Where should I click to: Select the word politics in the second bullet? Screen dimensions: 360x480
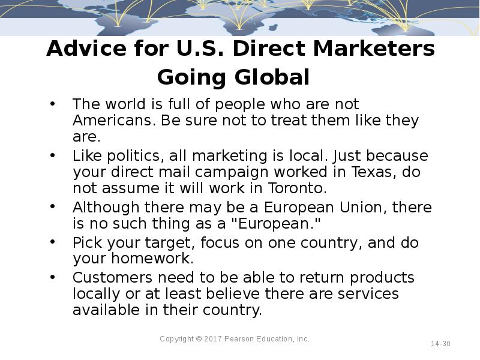(x=137, y=156)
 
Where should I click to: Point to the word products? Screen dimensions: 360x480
(x=382, y=278)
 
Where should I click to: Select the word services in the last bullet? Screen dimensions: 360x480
(x=365, y=294)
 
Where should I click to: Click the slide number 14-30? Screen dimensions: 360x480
(x=440, y=344)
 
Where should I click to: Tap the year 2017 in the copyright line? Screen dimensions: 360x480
(x=213, y=339)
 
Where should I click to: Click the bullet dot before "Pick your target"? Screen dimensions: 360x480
(x=53, y=243)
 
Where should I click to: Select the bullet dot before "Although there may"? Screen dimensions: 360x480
(x=53, y=208)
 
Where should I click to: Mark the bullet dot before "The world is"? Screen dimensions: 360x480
(x=53, y=104)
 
